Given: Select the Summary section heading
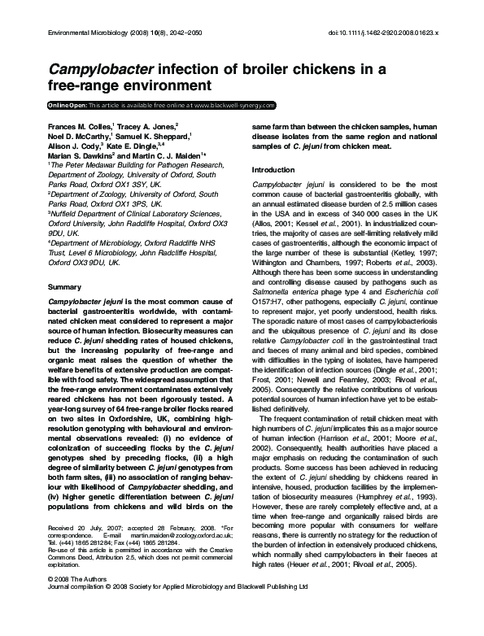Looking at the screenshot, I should tap(65, 288).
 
